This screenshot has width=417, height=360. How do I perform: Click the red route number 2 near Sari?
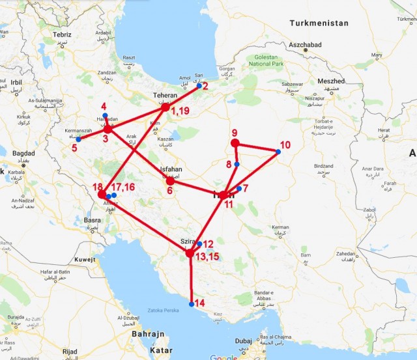[205, 85]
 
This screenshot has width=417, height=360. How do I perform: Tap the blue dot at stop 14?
[191, 304]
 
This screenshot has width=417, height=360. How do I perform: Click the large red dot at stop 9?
[235, 143]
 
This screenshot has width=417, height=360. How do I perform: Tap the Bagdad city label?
[23, 153]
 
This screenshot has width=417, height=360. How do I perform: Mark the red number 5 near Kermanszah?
[74, 148]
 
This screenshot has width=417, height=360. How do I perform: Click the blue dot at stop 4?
[105, 115]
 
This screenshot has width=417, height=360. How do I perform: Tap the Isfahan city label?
[169, 170]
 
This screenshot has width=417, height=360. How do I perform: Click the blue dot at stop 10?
[278, 152]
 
